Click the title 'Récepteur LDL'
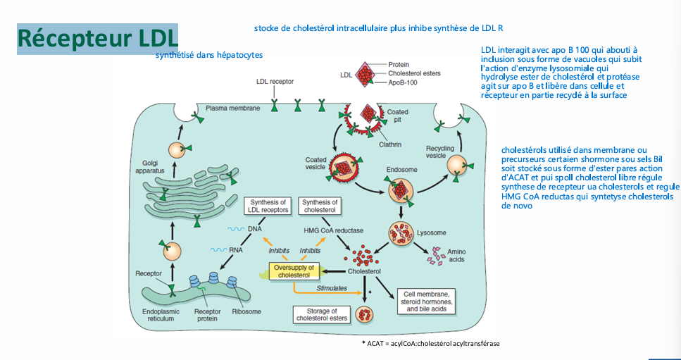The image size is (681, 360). point(98,39)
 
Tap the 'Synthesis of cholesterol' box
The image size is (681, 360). point(320,206)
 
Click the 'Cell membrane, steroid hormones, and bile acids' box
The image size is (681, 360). point(423,302)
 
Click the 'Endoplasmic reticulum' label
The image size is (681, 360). point(158,316)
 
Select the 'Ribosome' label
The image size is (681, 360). point(246,312)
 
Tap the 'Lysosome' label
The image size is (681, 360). point(431,232)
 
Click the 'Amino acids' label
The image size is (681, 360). point(456,256)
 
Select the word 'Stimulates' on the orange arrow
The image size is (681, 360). point(332,288)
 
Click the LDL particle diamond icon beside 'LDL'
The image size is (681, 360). point(368,74)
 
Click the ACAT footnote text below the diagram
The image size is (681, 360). point(430,344)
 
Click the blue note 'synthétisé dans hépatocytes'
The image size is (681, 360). point(209,55)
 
